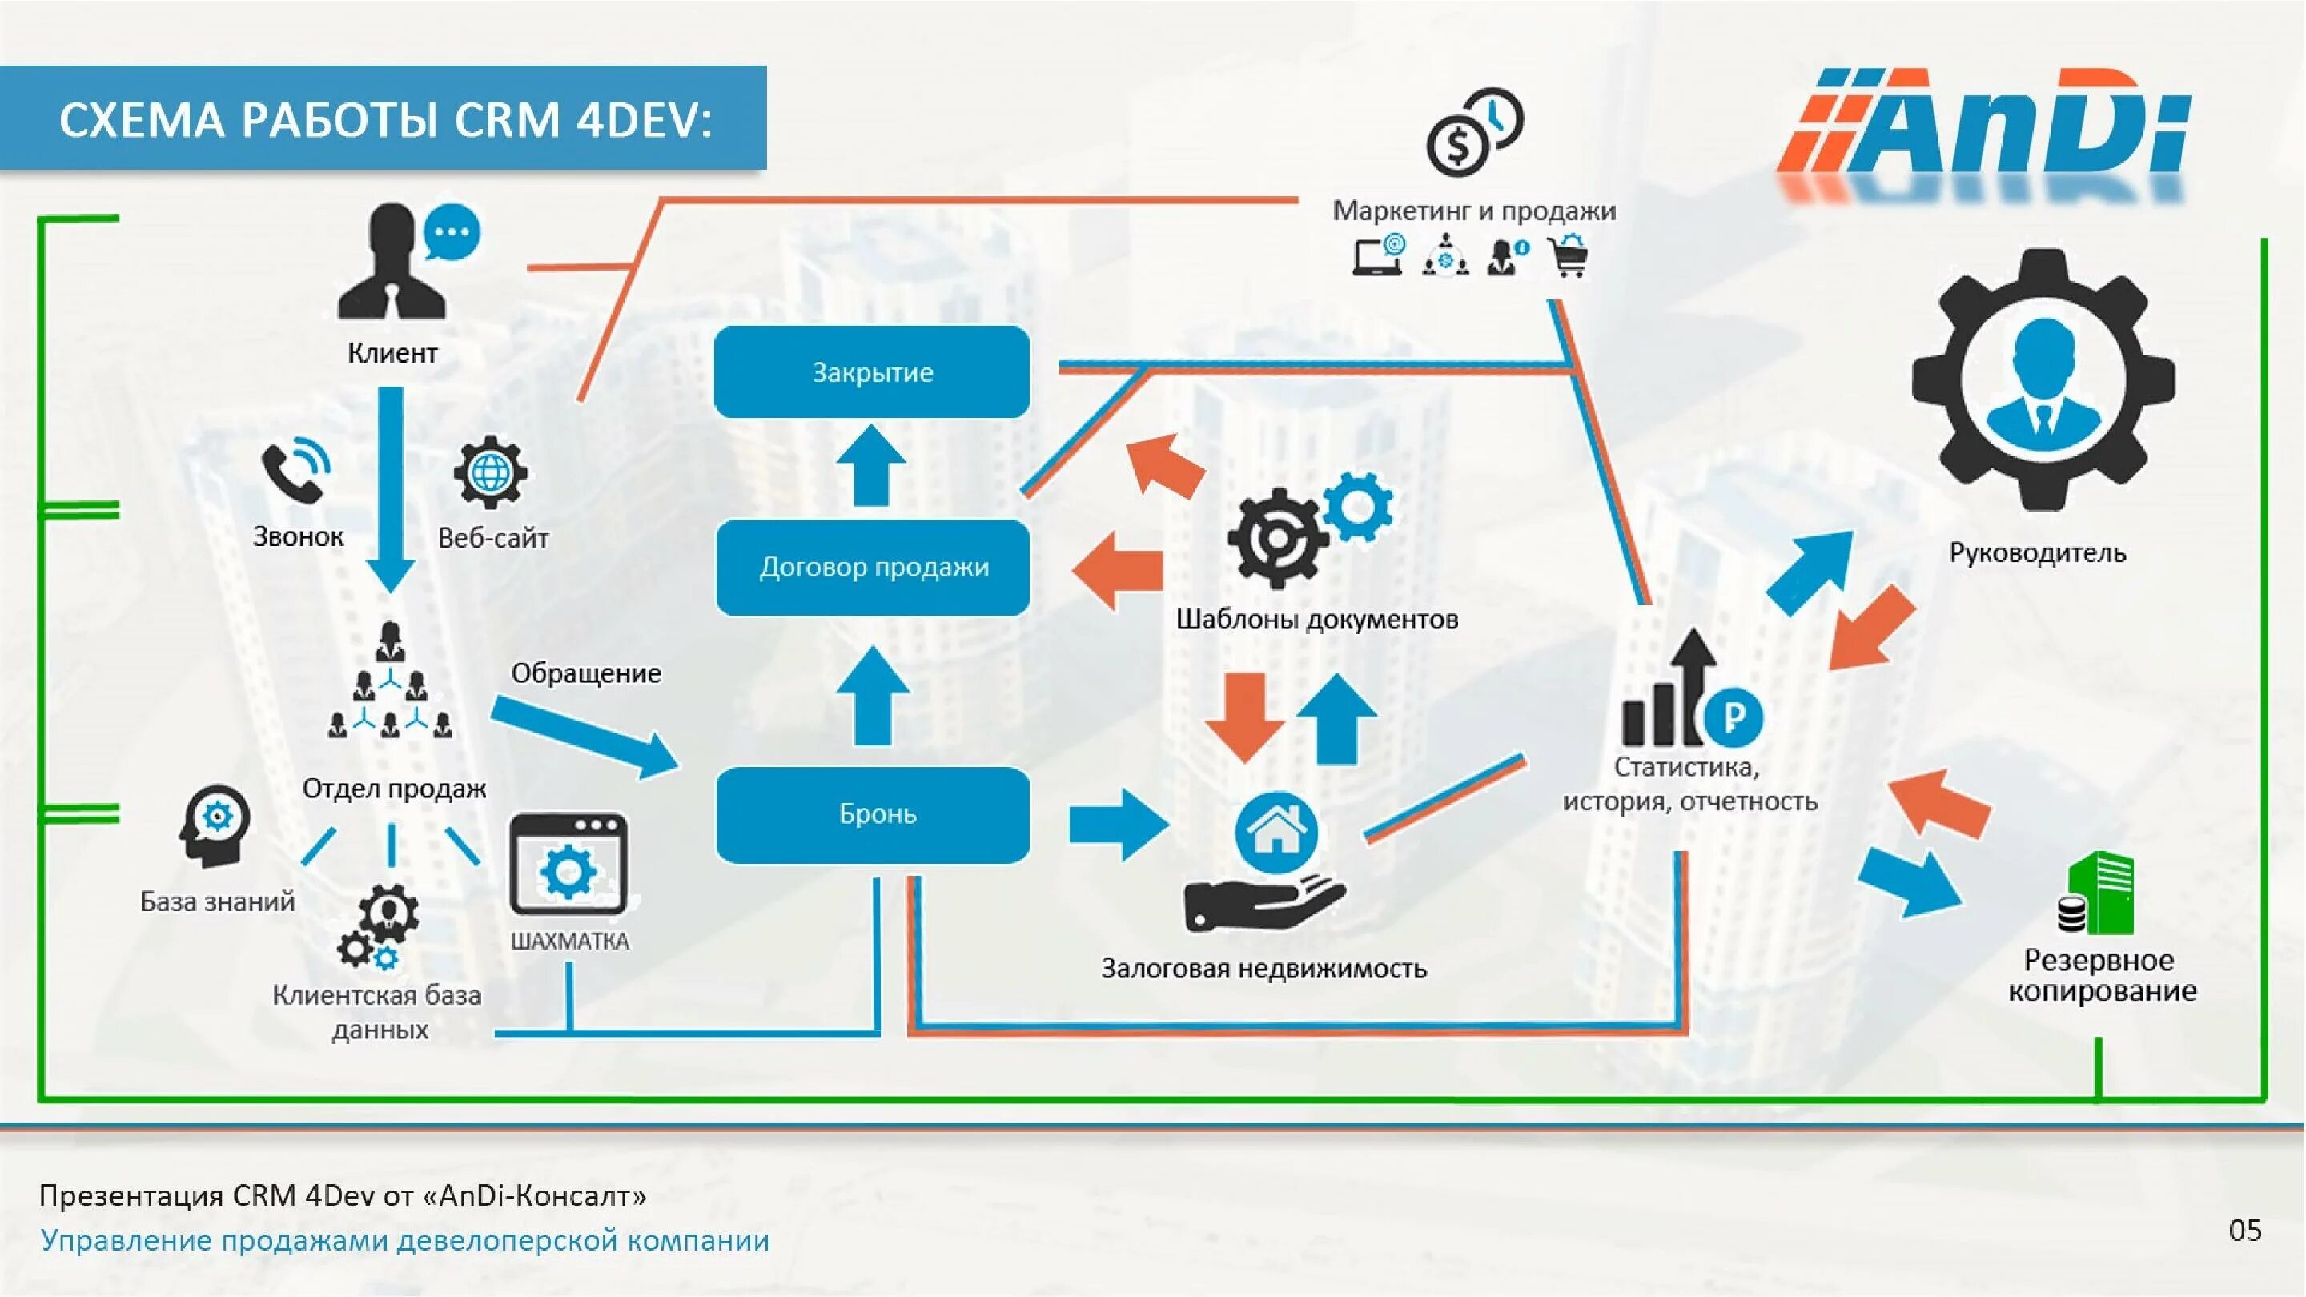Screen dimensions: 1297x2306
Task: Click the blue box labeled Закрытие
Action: click(x=872, y=371)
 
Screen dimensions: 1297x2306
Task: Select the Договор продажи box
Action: click(x=873, y=567)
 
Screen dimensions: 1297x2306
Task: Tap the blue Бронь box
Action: click(x=873, y=813)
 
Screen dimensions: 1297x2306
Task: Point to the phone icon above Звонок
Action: click(x=295, y=470)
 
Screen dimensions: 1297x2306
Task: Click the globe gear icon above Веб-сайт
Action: click(x=491, y=472)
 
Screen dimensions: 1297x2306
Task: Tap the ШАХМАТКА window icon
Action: click(x=568, y=864)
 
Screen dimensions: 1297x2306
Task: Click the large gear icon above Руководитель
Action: click(x=2043, y=380)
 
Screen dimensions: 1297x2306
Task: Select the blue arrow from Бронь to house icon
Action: click(x=1119, y=824)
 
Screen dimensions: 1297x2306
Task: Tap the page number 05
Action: click(x=2244, y=1230)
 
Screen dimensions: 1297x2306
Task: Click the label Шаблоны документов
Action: click(x=1316, y=620)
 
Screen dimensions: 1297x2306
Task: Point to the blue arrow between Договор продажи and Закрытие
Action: click(x=871, y=464)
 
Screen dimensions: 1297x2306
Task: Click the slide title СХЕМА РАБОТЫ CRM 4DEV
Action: click(x=385, y=120)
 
